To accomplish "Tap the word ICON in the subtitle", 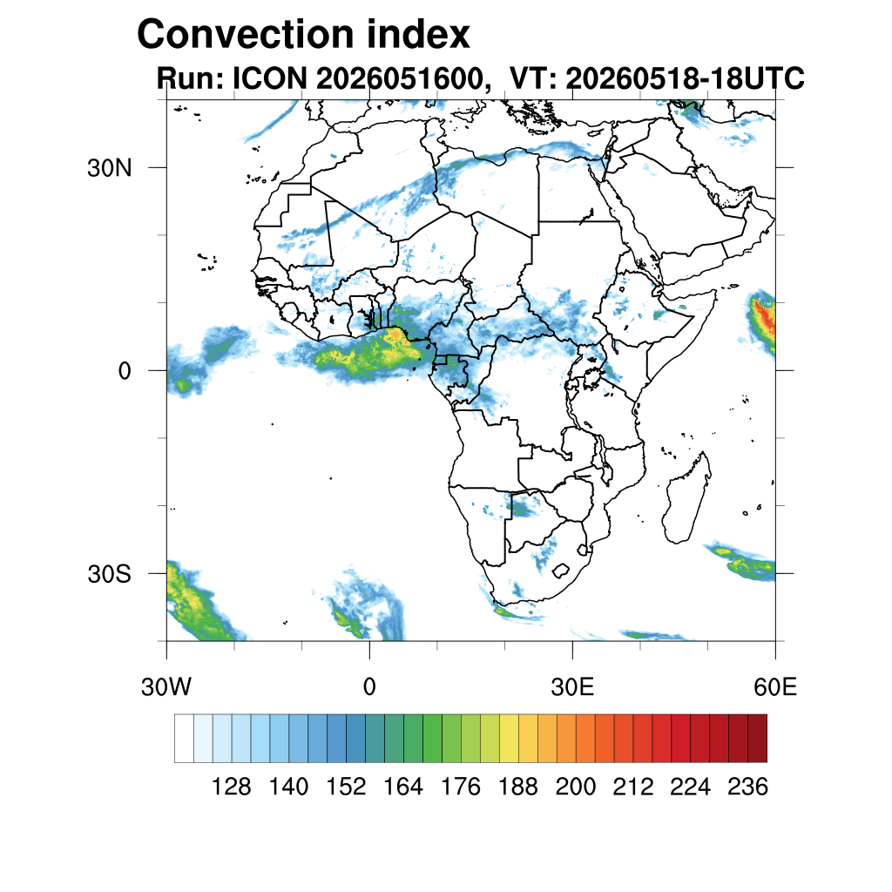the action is click(270, 78).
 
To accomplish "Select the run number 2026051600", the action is click(399, 78).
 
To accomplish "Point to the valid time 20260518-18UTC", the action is click(685, 78).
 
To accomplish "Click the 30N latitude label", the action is click(109, 168).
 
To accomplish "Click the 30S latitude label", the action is click(109, 575).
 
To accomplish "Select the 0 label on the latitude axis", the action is click(125, 371).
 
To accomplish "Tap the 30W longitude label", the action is click(166, 687).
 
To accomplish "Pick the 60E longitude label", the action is click(775, 687).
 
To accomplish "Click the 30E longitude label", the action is click(572, 687).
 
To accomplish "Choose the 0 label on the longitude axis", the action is click(369, 687).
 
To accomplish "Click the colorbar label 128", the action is click(231, 787).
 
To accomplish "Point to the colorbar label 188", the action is click(517, 787).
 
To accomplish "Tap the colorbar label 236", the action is click(747, 787).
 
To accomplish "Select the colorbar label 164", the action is click(402, 787).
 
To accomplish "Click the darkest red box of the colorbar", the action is click(757, 739).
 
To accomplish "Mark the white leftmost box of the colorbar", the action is click(185, 739).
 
